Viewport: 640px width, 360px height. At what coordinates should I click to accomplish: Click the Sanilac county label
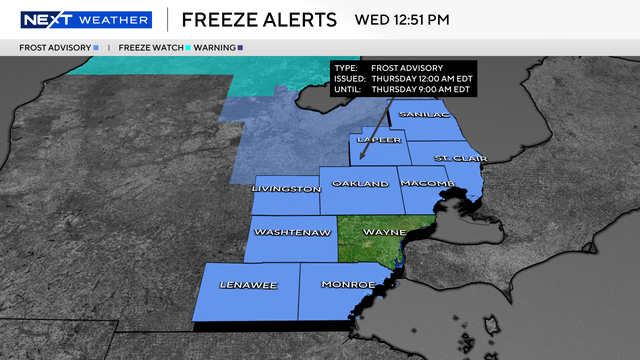[x=419, y=116]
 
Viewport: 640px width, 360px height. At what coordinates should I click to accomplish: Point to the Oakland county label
[x=361, y=185]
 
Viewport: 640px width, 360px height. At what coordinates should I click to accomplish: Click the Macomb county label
[x=428, y=185]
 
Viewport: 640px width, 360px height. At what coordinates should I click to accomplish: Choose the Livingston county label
[x=287, y=188]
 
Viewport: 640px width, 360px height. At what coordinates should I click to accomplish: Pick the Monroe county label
[x=348, y=285]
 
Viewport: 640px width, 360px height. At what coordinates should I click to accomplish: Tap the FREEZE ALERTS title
[x=259, y=20]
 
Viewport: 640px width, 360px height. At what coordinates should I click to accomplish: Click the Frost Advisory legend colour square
[x=95, y=47]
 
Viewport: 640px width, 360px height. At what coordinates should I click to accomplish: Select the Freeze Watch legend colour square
[x=187, y=47]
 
